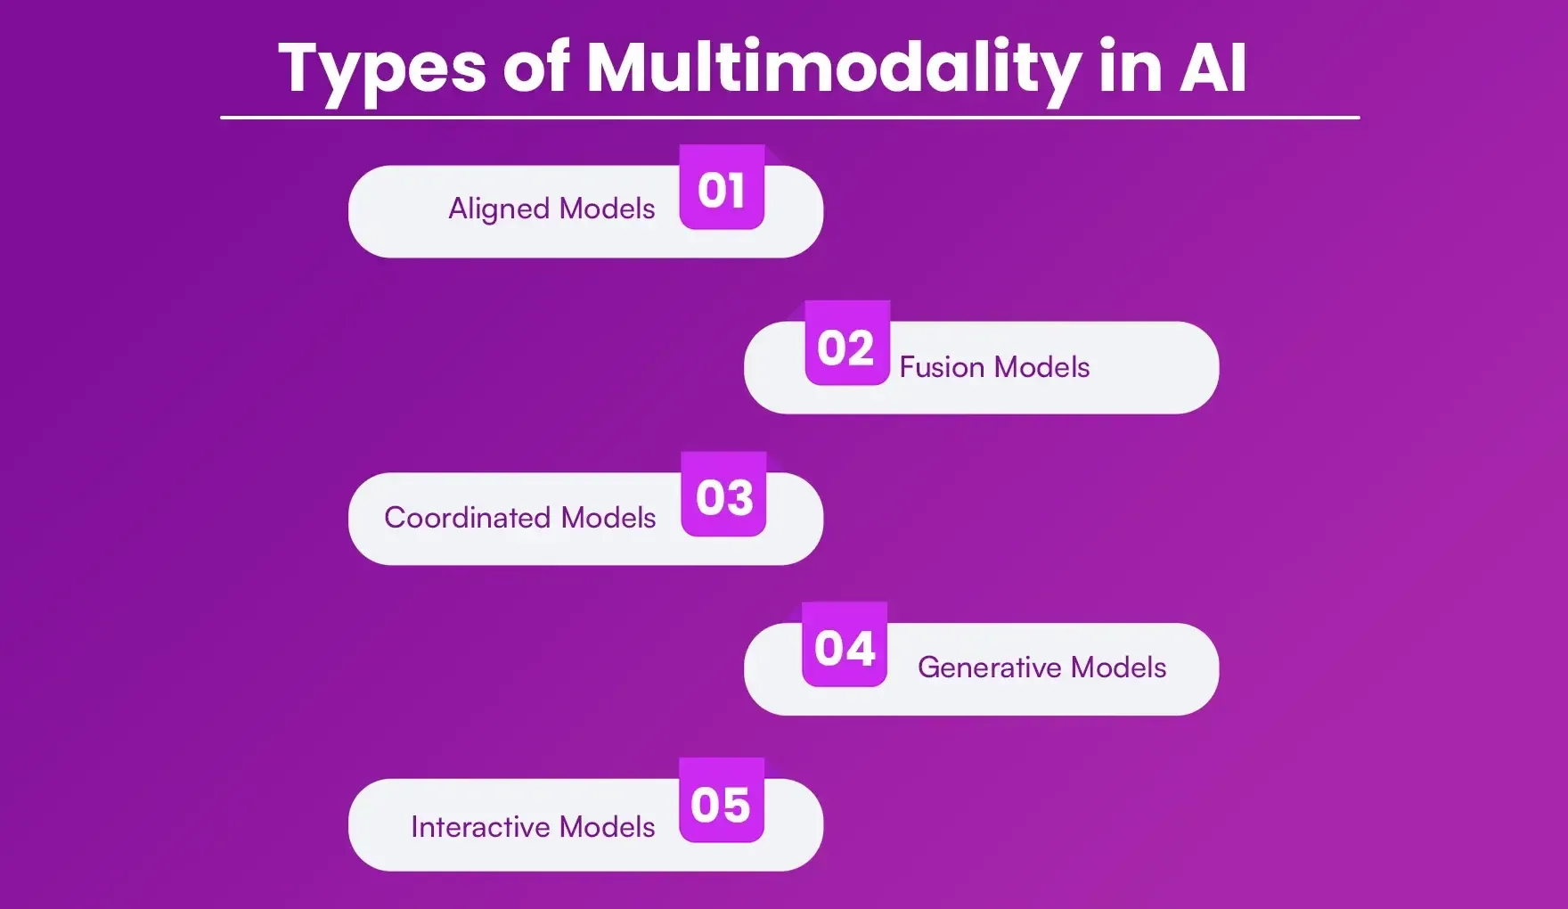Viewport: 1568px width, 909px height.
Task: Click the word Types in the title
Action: coord(381,70)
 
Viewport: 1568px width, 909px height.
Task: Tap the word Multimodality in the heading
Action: coord(833,68)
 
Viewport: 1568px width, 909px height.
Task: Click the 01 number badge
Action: coord(722,188)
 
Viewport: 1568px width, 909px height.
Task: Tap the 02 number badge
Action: coord(846,345)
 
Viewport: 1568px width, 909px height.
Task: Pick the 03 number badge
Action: coord(723,495)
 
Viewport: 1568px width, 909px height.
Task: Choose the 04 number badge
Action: coord(845,646)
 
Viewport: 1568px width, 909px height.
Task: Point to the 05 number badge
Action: coord(721,802)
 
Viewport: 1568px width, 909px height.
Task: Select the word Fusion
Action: coord(942,367)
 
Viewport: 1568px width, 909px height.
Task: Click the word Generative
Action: coord(989,667)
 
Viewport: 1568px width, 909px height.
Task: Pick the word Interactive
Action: coord(479,827)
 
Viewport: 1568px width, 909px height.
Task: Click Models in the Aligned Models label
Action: coord(607,209)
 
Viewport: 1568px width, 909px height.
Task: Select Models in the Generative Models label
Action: coord(1118,667)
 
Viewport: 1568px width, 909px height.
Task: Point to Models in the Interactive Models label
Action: coord(607,827)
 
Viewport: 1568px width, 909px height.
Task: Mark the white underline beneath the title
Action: coord(789,117)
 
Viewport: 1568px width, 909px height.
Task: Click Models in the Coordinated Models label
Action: coord(608,518)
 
